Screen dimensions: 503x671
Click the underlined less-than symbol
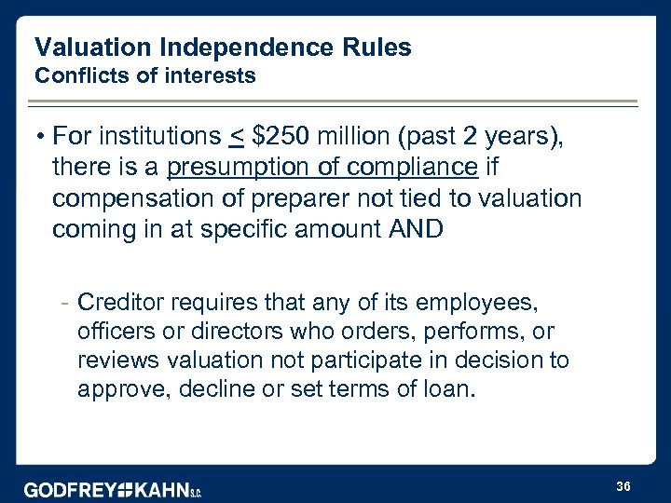[x=237, y=138]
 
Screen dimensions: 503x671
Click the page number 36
[x=623, y=485]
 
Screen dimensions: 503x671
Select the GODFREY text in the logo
[x=73, y=489]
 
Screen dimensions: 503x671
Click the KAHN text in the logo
[x=161, y=489]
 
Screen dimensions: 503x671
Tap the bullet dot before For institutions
[x=42, y=138]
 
